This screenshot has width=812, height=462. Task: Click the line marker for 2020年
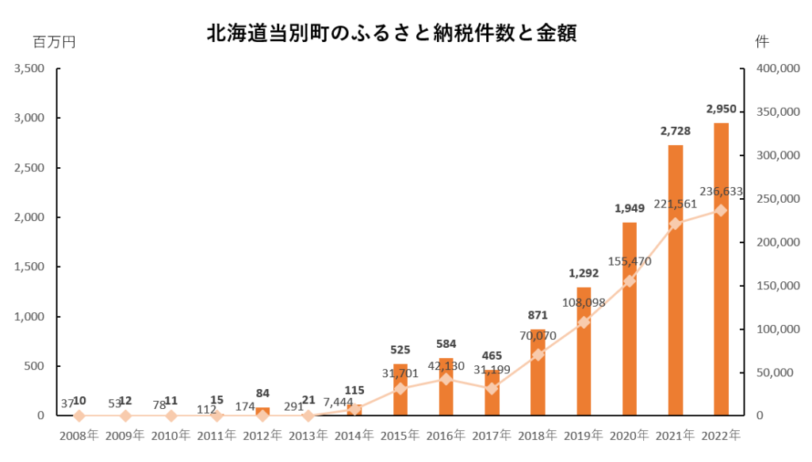coord(630,281)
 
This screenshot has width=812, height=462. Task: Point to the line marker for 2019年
coord(584,323)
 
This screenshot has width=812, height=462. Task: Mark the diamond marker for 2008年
coord(79,415)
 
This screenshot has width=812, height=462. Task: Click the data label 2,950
coord(721,109)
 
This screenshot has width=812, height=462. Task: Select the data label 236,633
coord(721,191)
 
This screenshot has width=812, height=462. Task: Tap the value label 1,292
coord(584,273)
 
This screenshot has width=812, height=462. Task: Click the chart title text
coord(391,33)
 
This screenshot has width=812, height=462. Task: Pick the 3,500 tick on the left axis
coord(29,69)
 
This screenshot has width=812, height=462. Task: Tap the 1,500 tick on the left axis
coord(29,267)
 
